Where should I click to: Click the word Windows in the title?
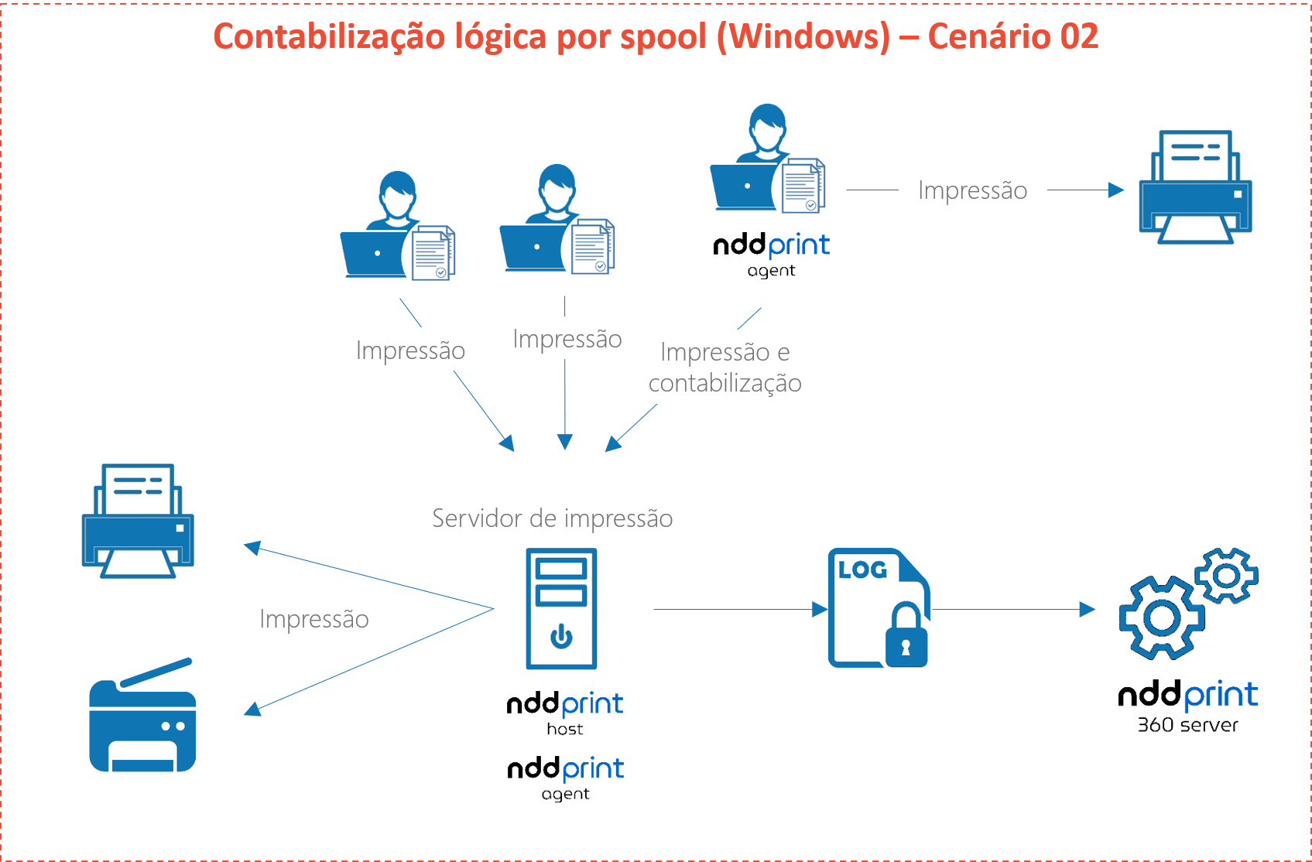(804, 37)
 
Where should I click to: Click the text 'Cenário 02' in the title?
(1012, 37)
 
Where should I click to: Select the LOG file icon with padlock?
(879, 608)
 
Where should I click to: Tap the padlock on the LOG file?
(906, 637)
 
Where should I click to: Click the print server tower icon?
(561, 608)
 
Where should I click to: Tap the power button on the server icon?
(561, 637)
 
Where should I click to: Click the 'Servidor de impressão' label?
(552, 518)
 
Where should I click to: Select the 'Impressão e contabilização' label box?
(725, 367)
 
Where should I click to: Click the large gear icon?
(1160, 617)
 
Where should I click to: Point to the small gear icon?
(1226, 575)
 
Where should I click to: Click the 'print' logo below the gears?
(1221, 696)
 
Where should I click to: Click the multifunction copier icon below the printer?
(142, 714)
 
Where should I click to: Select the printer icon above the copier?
(138, 520)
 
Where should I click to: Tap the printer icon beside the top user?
(1195, 186)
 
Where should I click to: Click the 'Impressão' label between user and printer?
(972, 190)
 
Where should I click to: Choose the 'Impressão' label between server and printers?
(314, 618)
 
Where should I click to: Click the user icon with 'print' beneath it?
(772, 164)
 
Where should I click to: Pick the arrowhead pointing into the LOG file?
(820, 610)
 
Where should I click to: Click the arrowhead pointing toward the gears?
(1088, 610)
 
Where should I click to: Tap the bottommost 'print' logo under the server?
(593, 769)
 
